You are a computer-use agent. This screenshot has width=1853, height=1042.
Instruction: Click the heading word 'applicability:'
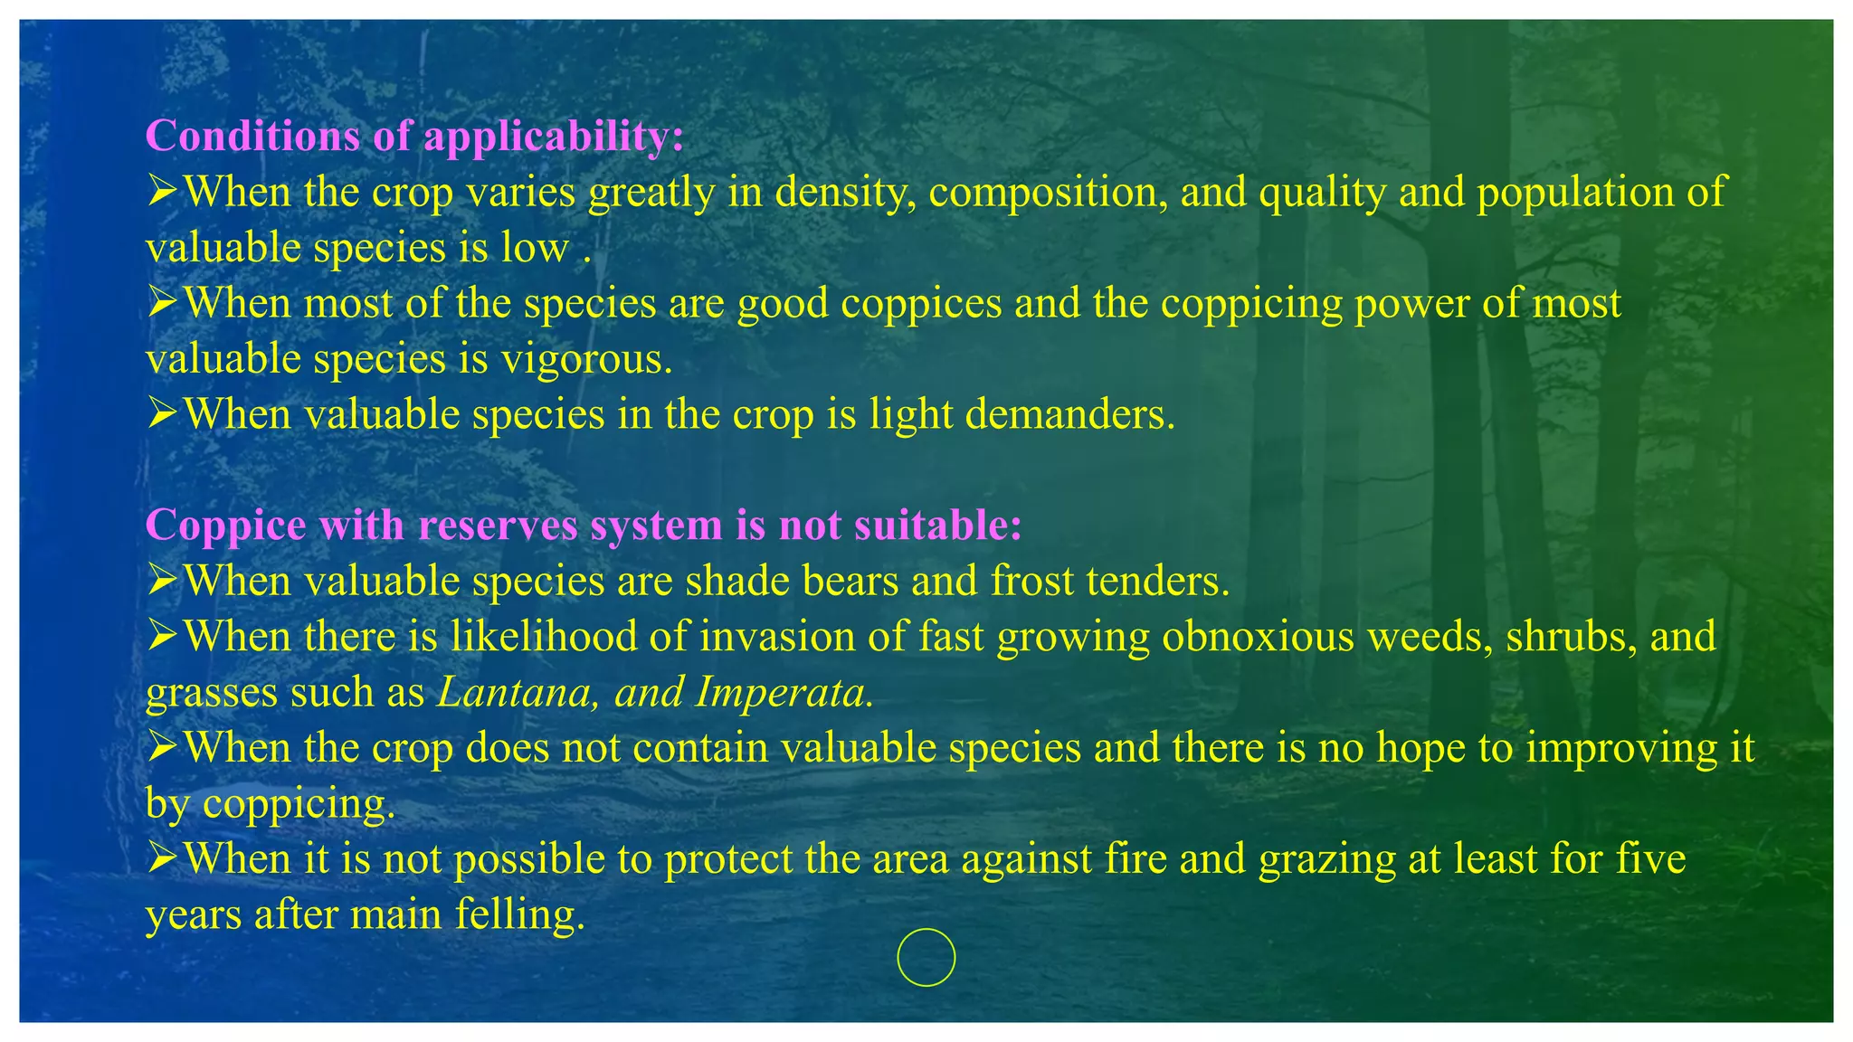(553, 137)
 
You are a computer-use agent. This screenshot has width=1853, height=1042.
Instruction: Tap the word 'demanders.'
(1069, 415)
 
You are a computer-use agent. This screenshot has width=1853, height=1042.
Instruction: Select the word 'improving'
(1616, 748)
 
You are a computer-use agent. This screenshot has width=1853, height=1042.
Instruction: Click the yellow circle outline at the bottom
(926, 957)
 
